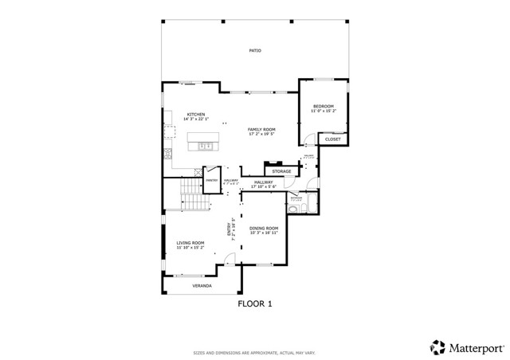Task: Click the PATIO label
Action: pyautogui.click(x=254, y=50)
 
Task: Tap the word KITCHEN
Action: pyautogui.click(x=196, y=114)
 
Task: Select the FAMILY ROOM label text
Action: pyautogui.click(x=261, y=129)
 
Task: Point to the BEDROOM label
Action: pyautogui.click(x=323, y=106)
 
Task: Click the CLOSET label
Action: pyautogui.click(x=333, y=139)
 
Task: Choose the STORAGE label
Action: pyautogui.click(x=281, y=171)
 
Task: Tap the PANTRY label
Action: pyautogui.click(x=212, y=180)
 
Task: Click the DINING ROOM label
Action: pyautogui.click(x=264, y=229)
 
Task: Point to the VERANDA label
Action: pyautogui.click(x=202, y=285)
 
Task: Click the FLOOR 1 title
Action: pyautogui.click(x=255, y=303)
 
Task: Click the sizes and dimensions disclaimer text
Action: pyautogui.click(x=254, y=352)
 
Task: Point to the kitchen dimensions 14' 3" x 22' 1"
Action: pyautogui.click(x=196, y=119)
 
